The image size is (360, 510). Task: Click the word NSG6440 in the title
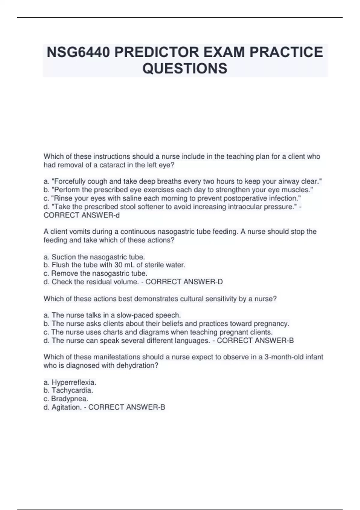coord(78,52)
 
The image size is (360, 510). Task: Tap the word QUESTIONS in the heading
coord(185,68)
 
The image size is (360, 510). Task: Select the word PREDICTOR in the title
coord(157,52)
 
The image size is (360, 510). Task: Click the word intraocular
coord(245,207)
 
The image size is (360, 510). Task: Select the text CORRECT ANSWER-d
coord(82,215)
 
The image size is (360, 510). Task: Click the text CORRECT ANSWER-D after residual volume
coord(184,282)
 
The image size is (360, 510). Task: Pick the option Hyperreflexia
coord(74,382)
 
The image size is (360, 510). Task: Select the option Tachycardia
coord(72,390)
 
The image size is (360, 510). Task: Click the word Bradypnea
coord(70,399)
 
